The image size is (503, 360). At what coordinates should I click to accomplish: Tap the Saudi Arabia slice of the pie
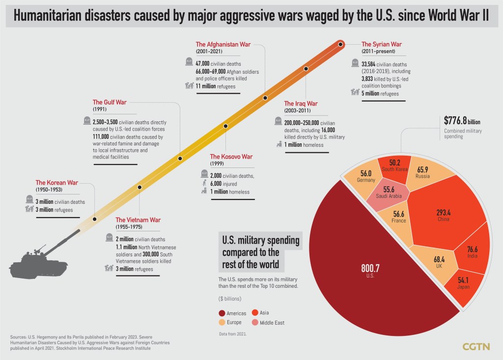tap(389, 192)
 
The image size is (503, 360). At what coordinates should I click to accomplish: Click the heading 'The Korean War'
tap(56, 183)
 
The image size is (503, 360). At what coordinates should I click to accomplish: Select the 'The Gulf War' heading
tap(110, 102)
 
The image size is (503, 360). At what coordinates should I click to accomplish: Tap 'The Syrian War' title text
tap(381, 44)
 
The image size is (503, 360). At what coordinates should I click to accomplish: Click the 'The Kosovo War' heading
tap(231, 157)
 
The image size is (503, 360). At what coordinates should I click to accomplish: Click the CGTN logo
tap(476, 347)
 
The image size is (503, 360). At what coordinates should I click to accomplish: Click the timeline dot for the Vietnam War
tap(140, 188)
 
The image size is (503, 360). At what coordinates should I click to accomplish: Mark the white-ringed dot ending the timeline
tap(341, 45)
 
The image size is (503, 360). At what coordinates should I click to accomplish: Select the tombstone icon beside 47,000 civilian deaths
tap(189, 61)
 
